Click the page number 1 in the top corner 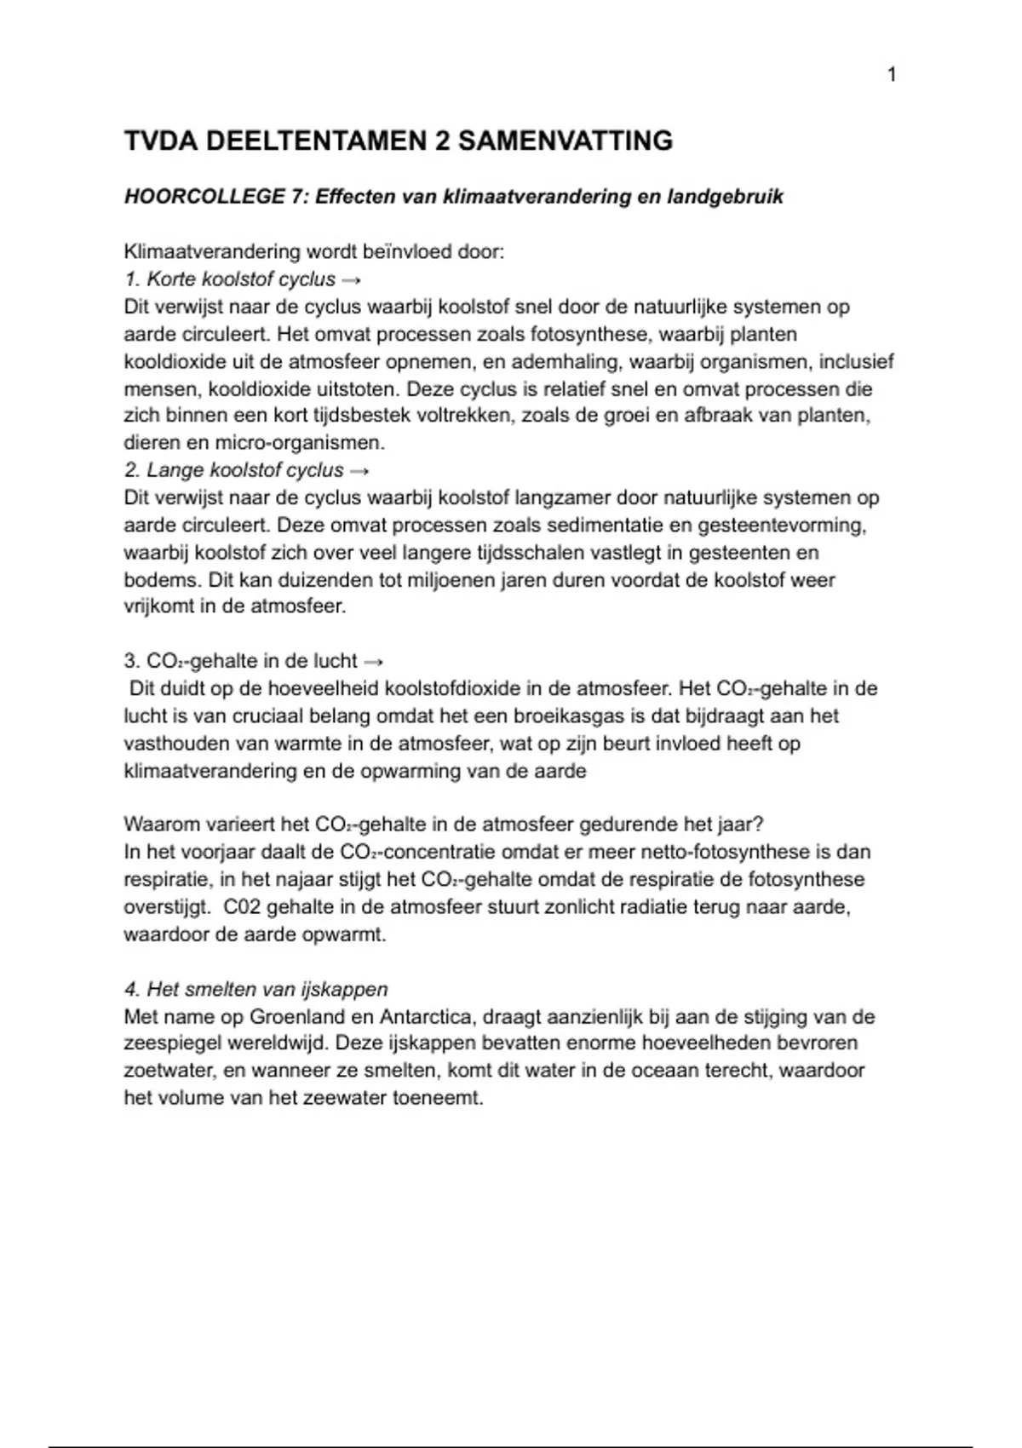(892, 75)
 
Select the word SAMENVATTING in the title (566, 141)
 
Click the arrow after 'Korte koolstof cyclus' (350, 279)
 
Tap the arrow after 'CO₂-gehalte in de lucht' (373, 661)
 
